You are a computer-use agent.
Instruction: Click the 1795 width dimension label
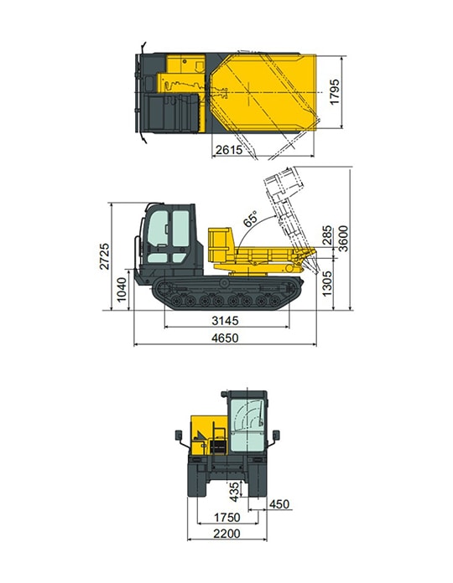pos(335,92)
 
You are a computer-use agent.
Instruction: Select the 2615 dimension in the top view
pos(229,149)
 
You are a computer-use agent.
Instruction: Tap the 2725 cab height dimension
pos(105,256)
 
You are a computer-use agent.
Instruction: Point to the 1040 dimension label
pos(122,289)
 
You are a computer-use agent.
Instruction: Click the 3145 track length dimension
pos(225,320)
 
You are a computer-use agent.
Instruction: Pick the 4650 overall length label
pos(225,338)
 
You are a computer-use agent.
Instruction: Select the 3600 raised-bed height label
pos(343,239)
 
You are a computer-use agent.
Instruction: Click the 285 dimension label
pos(327,235)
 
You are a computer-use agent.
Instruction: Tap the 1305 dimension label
pos(326,283)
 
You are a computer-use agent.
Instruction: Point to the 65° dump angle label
pos(250,219)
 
